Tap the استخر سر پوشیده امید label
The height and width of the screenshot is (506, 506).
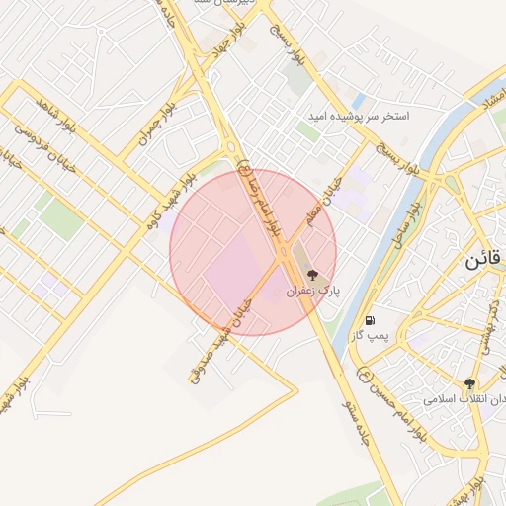357,116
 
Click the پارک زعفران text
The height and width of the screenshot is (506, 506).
313,293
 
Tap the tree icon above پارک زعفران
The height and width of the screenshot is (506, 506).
313,276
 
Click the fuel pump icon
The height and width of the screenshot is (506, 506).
370,319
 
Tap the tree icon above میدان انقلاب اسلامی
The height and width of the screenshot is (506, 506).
470,383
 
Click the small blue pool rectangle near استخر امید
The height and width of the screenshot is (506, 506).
358,101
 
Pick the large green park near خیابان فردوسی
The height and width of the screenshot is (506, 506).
61,219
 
